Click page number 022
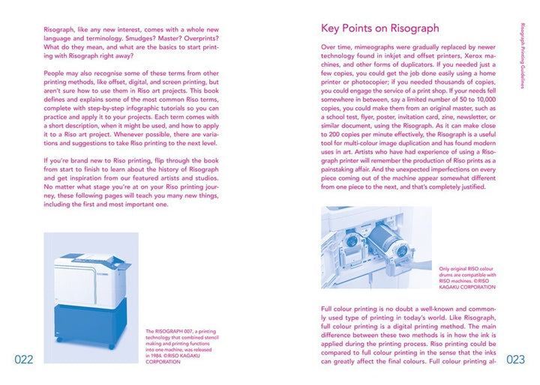pyautogui.click(x=23, y=360)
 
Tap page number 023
pyautogui.click(x=515, y=360)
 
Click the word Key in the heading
pyautogui.click(x=332, y=28)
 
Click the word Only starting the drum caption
pyautogui.click(x=445, y=268)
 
